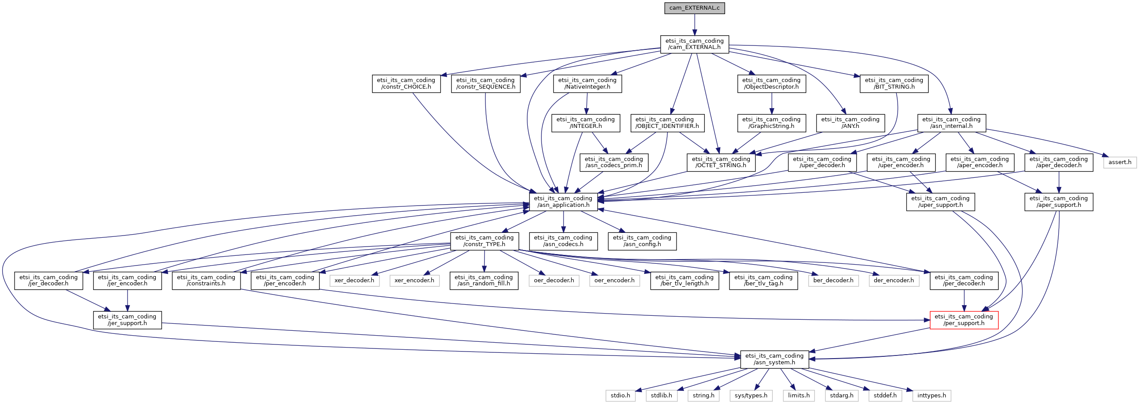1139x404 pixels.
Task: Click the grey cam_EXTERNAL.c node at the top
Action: point(694,8)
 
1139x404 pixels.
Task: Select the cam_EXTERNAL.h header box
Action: point(694,44)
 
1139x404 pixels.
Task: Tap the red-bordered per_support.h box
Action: point(964,320)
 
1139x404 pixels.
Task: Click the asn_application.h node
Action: point(563,202)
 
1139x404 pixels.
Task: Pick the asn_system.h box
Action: point(774,359)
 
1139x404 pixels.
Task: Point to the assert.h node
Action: point(1120,162)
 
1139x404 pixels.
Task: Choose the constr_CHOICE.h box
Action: point(406,83)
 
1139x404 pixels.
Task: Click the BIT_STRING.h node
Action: point(894,83)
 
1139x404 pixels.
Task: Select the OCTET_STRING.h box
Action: point(721,162)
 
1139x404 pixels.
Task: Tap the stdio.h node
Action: point(620,395)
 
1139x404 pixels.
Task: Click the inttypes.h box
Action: point(931,395)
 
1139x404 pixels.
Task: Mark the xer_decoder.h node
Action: point(354,280)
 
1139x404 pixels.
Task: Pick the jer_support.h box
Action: point(127,320)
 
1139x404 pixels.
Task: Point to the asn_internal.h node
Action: point(951,123)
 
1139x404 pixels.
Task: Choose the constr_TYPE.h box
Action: point(484,241)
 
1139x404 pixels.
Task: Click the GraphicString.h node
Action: point(771,123)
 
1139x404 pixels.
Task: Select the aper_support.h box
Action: point(1059,202)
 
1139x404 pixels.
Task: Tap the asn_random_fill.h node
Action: point(484,280)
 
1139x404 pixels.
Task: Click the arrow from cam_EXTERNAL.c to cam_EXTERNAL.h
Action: point(694,25)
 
